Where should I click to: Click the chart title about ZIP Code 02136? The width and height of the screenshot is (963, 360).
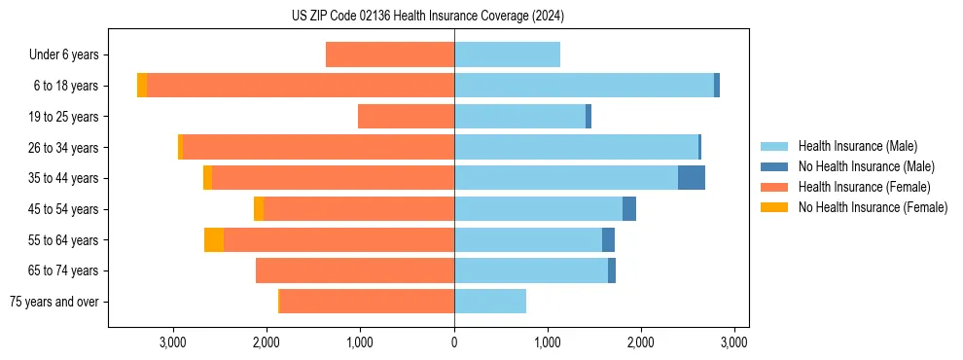click(428, 17)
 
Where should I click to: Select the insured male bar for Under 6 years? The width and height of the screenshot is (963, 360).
click(507, 54)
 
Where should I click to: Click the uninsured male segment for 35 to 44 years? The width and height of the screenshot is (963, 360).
click(692, 178)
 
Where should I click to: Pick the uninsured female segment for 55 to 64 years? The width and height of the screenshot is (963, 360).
click(214, 240)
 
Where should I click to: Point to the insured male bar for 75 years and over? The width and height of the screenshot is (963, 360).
click(490, 302)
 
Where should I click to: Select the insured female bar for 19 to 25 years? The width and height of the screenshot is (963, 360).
click(406, 117)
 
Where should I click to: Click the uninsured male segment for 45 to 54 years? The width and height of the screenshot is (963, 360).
click(629, 209)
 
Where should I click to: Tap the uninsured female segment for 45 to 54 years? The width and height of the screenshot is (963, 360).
click(259, 209)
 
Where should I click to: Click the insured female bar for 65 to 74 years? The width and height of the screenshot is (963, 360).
click(355, 270)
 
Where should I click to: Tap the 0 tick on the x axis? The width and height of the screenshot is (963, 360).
click(454, 342)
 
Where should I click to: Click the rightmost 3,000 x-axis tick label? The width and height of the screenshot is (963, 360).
click(734, 342)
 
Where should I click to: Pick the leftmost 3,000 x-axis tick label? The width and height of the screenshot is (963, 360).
click(173, 342)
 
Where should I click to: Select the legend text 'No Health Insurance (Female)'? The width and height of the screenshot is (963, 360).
click(873, 207)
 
